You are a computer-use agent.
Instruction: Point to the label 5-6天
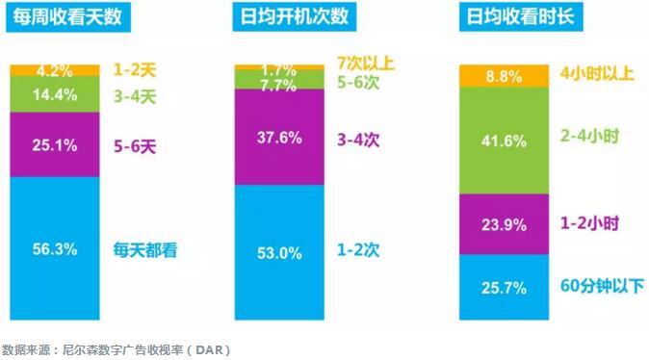click(135, 145)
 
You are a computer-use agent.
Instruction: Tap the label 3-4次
click(360, 140)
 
